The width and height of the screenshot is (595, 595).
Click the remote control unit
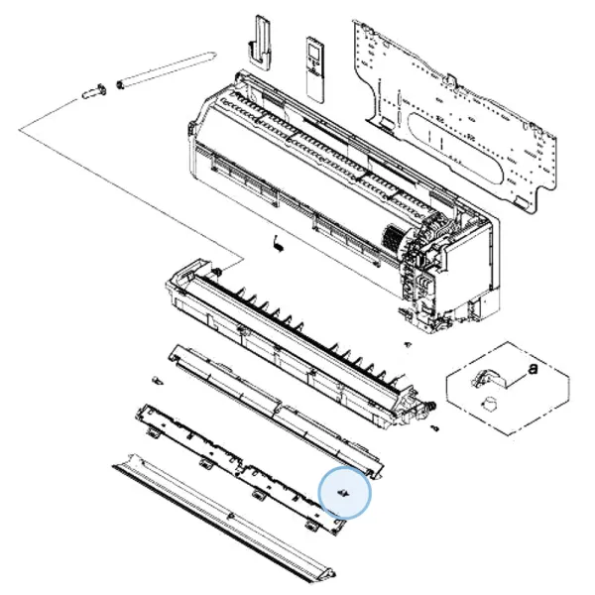[x=315, y=69]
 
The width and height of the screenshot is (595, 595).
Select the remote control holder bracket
[x=260, y=43]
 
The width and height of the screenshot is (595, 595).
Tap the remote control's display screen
[x=314, y=50]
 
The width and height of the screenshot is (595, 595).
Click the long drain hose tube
[x=167, y=70]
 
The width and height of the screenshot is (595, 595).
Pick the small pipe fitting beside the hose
[x=94, y=91]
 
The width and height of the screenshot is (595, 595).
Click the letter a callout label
[x=534, y=368]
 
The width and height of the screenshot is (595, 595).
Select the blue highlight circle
[x=344, y=492]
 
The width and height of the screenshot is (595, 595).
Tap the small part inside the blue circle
[x=344, y=493]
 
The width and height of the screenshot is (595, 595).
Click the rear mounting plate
[x=455, y=114]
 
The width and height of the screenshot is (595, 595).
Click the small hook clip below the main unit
[x=278, y=244]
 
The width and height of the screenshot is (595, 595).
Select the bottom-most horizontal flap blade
[x=224, y=524]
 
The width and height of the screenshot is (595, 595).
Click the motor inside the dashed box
[x=487, y=380]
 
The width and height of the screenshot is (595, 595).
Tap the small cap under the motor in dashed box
[x=490, y=405]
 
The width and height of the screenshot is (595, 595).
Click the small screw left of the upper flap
[x=157, y=380]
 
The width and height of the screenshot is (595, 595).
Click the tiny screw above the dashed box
[x=408, y=344]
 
